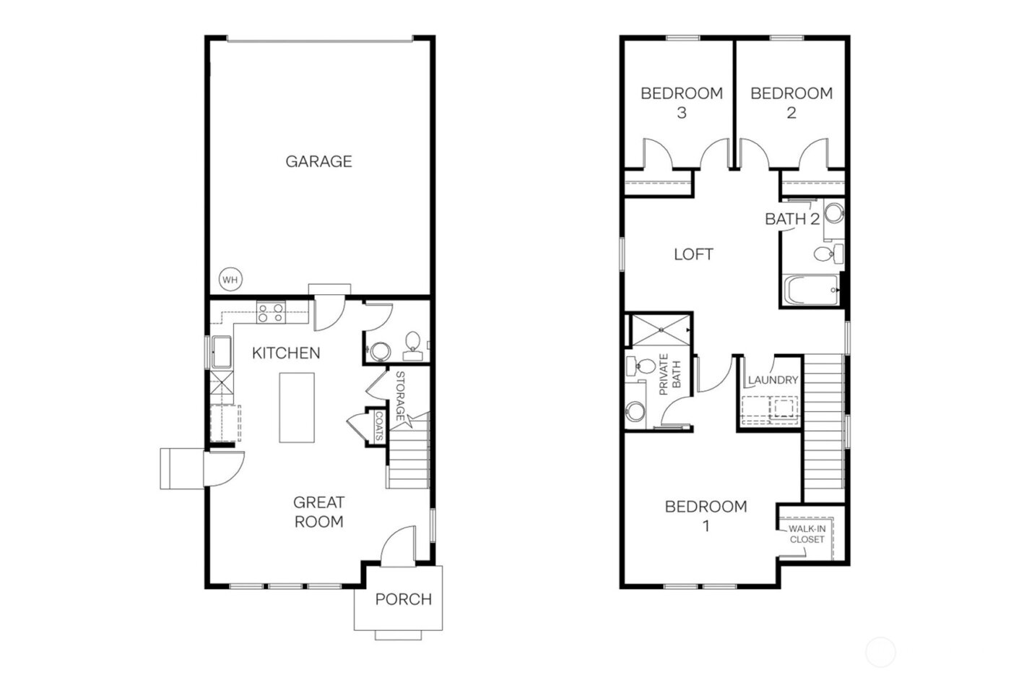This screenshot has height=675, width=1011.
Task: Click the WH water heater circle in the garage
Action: click(230, 280)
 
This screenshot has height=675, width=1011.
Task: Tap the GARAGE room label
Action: click(318, 161)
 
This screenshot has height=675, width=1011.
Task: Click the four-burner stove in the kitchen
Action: click(271, 313)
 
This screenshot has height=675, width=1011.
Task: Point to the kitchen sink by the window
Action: click(220, 353)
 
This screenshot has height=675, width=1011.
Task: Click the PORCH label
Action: click(403, 599)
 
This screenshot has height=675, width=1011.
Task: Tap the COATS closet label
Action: click(378, 426)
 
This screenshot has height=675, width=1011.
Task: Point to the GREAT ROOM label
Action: click(318, 512)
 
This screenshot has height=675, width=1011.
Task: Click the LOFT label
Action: click(693, 254)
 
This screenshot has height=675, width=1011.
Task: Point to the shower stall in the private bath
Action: click(661, 330)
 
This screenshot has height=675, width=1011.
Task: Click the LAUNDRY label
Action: click(773, 380)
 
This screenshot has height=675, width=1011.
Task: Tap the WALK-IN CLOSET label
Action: click(807, 534)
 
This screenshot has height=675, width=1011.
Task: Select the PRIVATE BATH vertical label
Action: click(670, 375)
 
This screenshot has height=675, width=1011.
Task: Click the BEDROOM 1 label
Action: click(706, 516)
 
